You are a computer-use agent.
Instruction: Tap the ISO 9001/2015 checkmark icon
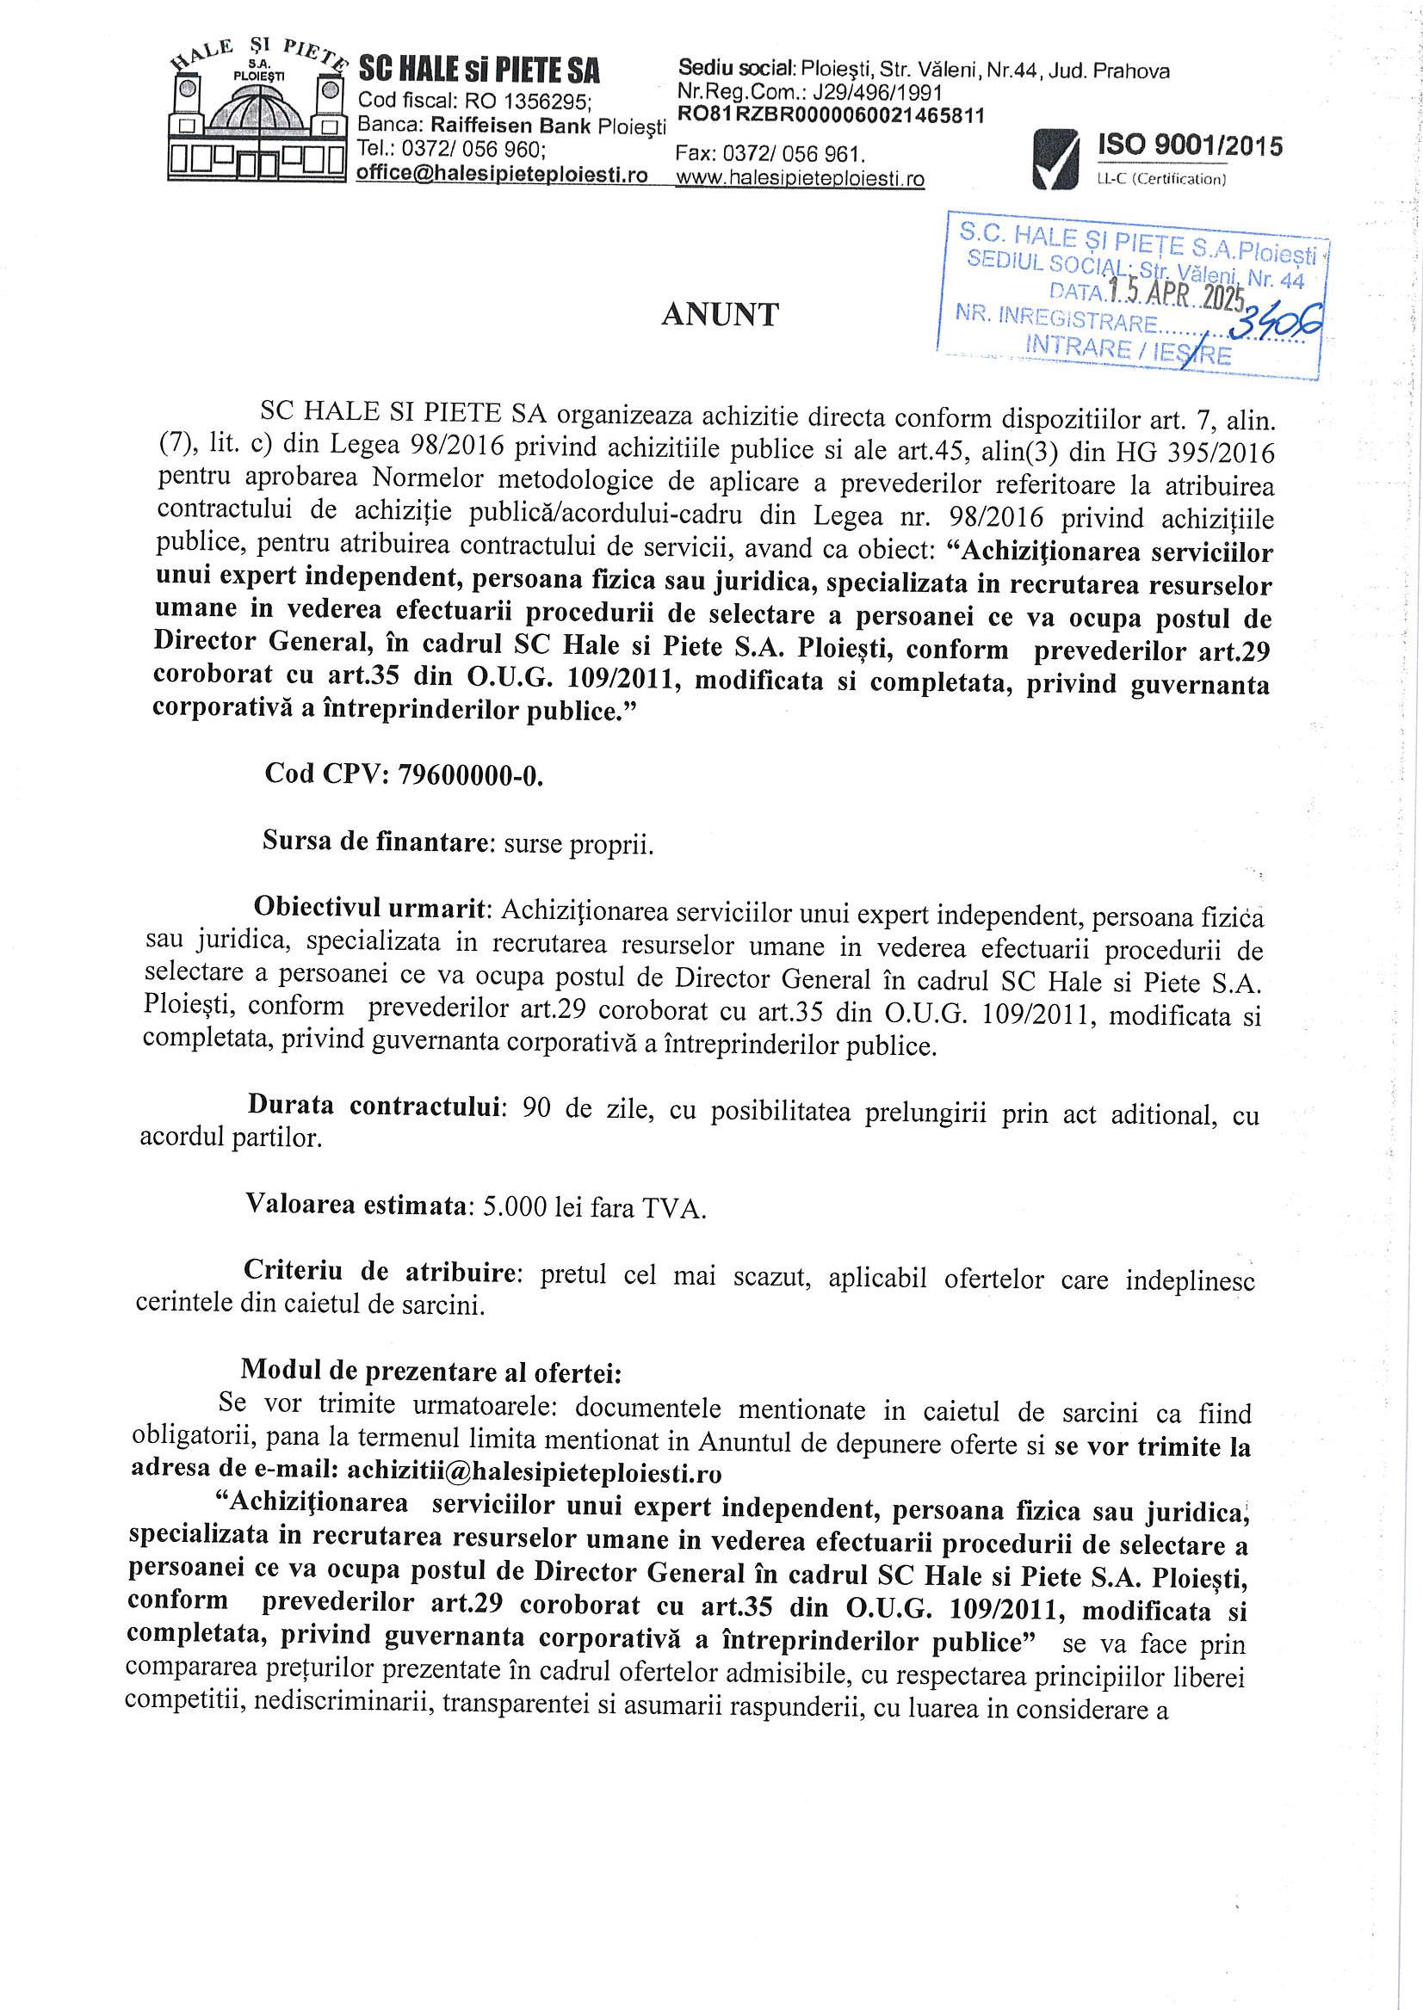click(1056, 158)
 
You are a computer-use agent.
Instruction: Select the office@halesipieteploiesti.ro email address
click(502, 175)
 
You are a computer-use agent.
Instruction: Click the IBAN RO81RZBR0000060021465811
click(830, 114)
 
